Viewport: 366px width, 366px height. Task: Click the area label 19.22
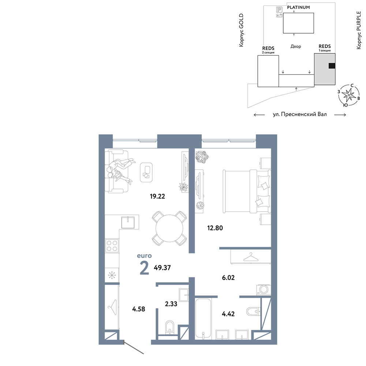[x=157, y=196]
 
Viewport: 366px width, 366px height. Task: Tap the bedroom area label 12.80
[x=215, y=228]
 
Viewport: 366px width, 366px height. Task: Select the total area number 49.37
[x=162, y=268]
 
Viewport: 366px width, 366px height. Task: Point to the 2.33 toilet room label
[x=171, y=304]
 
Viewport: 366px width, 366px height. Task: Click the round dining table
[x=169, y=228]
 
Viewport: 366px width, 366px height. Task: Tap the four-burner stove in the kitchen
[x=112, y=246]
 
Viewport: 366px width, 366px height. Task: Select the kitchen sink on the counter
[x=128, y=223]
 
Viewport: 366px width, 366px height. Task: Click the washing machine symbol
[x=264, y=290]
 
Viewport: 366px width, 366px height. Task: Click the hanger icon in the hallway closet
[x=112, y=307]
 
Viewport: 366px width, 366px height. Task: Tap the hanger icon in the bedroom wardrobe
[x=251, y=257]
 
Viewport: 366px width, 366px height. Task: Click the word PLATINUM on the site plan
[x=298, y=7]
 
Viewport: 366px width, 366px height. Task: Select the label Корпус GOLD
[x=241, y=30]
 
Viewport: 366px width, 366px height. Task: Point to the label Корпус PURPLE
[x=359, y=30]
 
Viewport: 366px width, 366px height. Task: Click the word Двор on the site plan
[x=295, y=46]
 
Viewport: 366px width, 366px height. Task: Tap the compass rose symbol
[x=349, y=95]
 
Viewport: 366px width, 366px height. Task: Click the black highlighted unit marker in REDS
[x=332, y=66]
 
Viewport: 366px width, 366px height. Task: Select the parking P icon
[x=279, y=10]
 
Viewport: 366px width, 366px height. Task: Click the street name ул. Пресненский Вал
[x=300, y=114]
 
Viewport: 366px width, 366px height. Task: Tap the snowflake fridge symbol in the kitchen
[x=112, y=276]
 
